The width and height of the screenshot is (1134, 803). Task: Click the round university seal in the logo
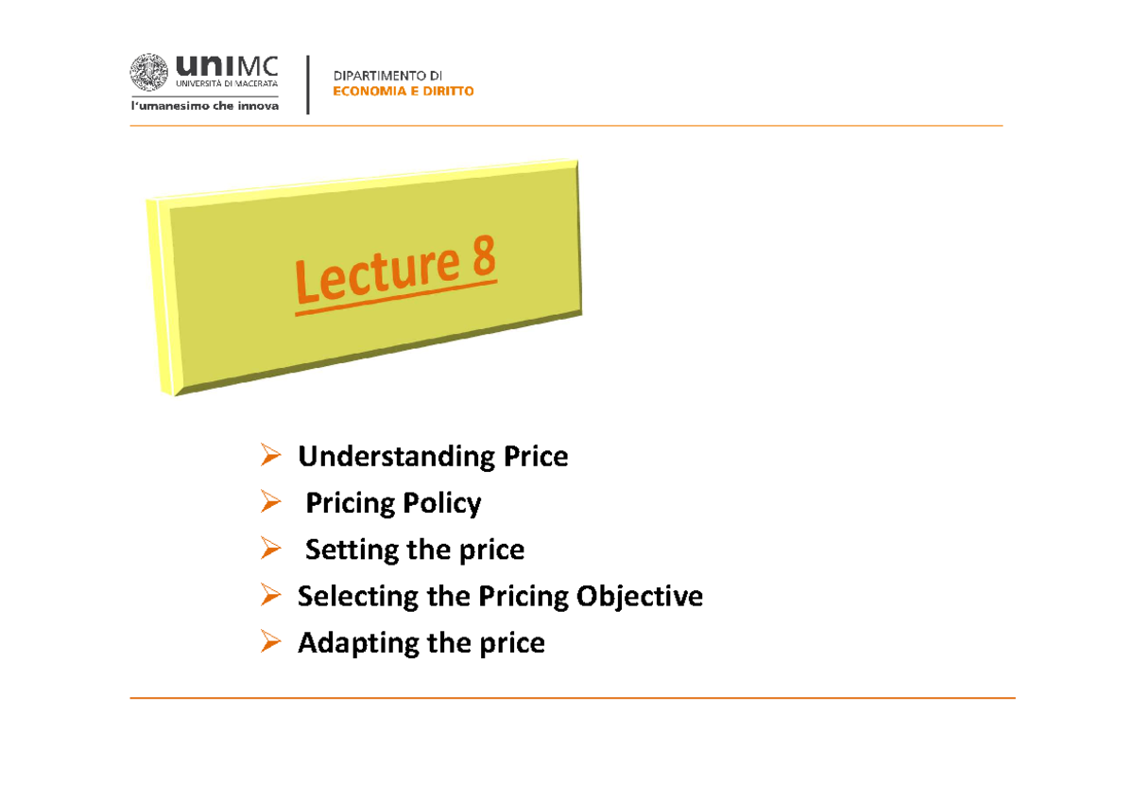(148, 74)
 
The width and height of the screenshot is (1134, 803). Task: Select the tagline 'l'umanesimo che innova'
(204, 107)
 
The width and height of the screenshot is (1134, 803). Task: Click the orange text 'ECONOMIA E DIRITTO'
(404, 92)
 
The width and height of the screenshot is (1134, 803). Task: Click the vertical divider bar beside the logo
(308, 85)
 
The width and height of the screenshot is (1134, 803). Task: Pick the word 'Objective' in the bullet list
(648, 596)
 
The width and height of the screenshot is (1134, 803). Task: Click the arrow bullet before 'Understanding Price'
(269, 458)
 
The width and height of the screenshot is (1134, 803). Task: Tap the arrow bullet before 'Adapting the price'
(269, 643)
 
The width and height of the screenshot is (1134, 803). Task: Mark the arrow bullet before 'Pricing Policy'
(269, 503)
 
